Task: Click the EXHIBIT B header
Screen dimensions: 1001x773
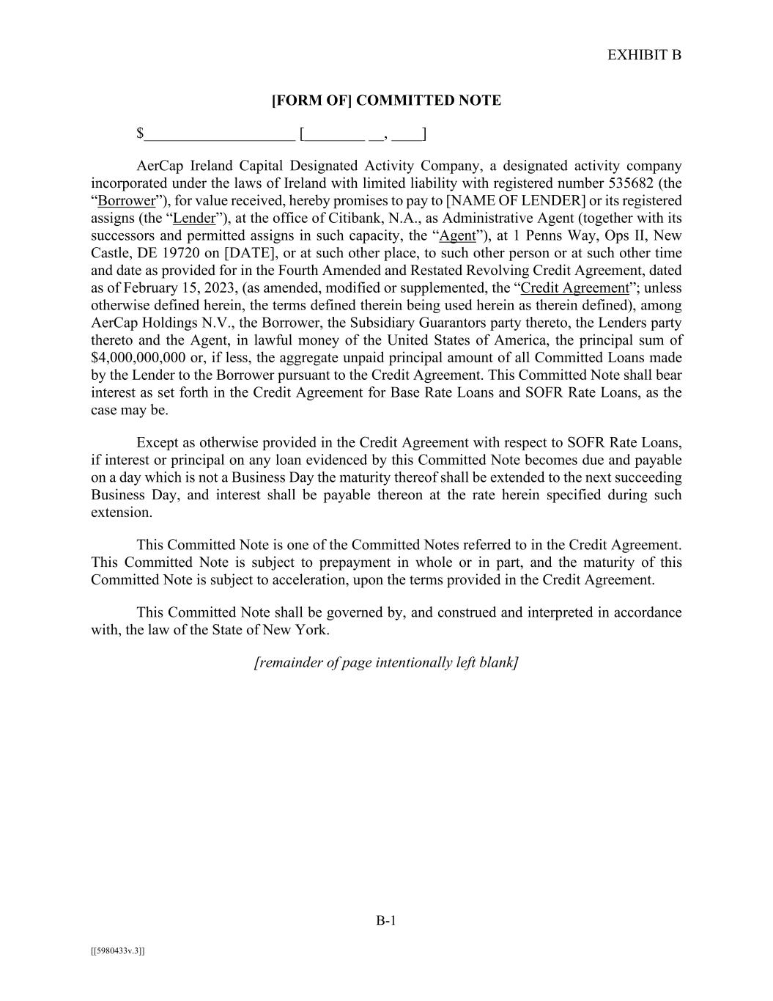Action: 644,55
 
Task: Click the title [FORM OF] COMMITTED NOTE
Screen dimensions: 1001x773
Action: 386,100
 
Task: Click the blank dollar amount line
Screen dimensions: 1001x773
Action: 219,134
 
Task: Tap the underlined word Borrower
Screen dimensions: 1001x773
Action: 126,201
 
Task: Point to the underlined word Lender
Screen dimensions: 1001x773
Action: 194,219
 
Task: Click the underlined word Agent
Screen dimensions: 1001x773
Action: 457,236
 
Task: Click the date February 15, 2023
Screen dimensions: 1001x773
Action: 155,288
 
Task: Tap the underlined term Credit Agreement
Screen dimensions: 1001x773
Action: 574,288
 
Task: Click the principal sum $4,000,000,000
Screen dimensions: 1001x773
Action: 138,358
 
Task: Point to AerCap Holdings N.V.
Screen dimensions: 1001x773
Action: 140,323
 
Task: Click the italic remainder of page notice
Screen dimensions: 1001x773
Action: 386,663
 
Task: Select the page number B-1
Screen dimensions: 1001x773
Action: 386,921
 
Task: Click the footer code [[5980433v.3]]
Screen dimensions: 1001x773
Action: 118,951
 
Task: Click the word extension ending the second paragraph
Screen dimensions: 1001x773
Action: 121,513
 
